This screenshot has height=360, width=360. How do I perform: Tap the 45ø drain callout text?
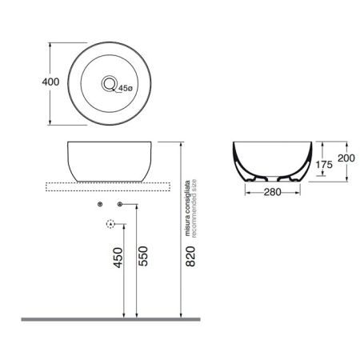coord(125,89)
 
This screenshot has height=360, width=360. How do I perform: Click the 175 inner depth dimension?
coord(323,166)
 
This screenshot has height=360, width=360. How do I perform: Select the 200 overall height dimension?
coord(346,158)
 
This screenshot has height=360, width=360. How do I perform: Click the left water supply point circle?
coord(100,206)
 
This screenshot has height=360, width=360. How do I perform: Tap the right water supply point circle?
coord(120,206)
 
